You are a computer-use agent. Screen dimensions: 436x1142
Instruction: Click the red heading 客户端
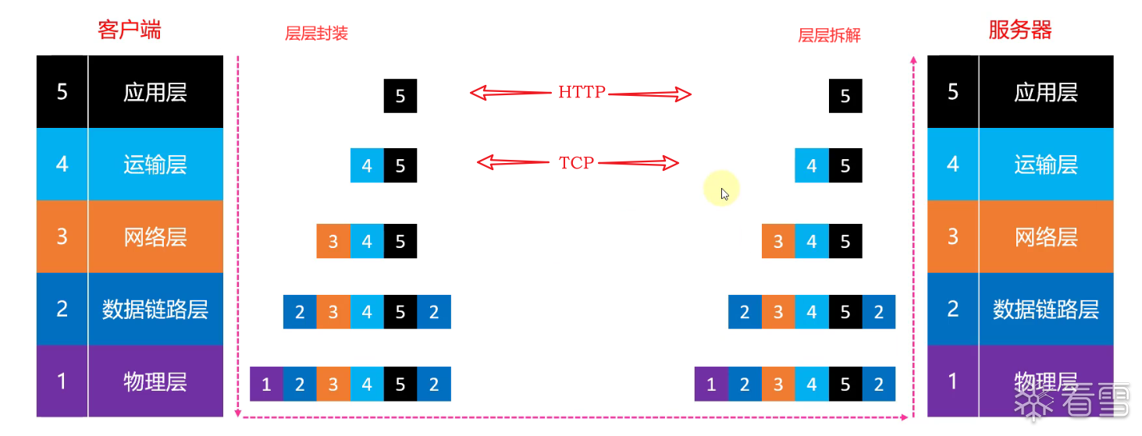130,30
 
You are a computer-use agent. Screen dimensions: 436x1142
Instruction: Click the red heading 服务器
1019,30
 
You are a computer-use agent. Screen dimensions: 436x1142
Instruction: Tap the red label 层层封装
316,34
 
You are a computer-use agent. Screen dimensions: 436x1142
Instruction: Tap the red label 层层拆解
829,35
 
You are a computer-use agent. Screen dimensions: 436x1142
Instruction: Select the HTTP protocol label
582,92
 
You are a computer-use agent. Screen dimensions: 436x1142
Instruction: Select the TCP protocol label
577,163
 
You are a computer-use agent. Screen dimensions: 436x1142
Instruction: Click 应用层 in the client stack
155,92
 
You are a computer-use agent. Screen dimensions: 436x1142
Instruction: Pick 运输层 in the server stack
1045,165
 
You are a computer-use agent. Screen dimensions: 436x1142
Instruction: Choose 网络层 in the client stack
155,236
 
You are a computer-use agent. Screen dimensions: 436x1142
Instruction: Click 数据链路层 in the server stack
1045,309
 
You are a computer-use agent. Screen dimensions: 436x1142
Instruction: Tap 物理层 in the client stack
155,381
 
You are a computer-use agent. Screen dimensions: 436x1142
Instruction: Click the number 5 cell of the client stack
62,92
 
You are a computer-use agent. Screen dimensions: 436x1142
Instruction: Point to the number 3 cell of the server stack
952,236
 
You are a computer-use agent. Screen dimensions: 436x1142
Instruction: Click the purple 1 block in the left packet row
266,384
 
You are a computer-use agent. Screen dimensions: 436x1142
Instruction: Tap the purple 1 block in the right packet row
710,384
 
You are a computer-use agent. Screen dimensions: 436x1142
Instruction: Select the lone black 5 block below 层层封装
400,96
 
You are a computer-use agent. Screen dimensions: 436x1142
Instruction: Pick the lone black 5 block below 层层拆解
845,96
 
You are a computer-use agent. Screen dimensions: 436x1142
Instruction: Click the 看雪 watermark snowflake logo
1033,402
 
